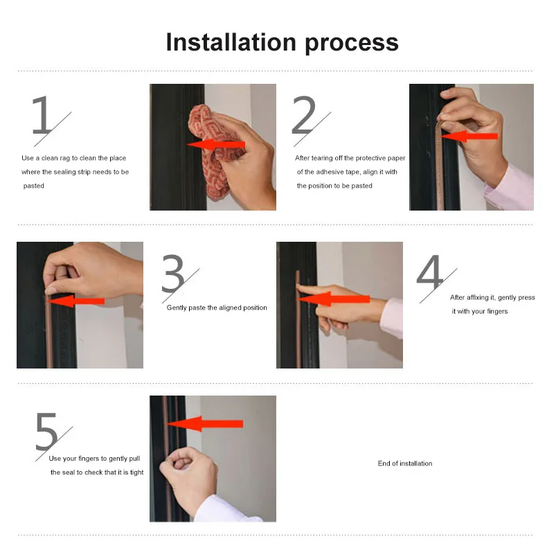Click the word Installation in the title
231,42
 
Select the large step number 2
304,115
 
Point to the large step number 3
173,274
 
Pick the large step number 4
430,272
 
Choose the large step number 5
46,432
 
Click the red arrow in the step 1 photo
216,145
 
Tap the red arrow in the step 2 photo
469,136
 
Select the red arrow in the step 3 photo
75,301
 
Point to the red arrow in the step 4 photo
334,299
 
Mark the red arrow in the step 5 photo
205,424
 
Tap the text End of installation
405,463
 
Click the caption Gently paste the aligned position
217,308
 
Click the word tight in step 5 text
137,472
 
